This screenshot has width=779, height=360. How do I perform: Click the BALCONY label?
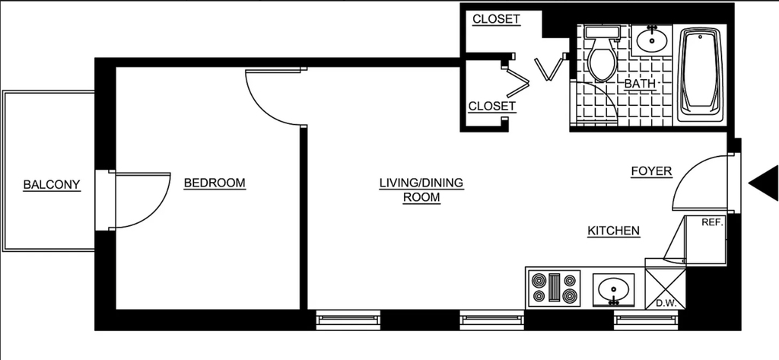(52, 185)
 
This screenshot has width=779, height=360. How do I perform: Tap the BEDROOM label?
(215, 183)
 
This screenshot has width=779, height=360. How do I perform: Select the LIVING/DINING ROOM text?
(421, 190)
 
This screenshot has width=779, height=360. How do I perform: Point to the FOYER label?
(651, 171)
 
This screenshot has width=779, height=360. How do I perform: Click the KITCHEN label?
(614, 231)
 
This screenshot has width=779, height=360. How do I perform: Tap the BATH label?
(640, 84)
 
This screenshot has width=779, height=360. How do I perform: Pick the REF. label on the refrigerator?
(712, 223)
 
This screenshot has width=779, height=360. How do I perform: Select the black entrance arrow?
(764, 183)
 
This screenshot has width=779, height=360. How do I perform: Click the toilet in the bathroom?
(602, 54)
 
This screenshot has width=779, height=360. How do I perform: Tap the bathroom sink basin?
(651, 40)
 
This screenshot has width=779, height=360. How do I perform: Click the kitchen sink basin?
(614, 289)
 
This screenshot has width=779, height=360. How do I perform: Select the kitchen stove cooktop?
(554, 288)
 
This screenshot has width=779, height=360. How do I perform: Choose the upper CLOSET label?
(496, 19)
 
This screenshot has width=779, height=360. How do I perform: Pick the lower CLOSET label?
(492, 107)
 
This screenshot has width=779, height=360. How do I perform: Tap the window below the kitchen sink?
(646, 320)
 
